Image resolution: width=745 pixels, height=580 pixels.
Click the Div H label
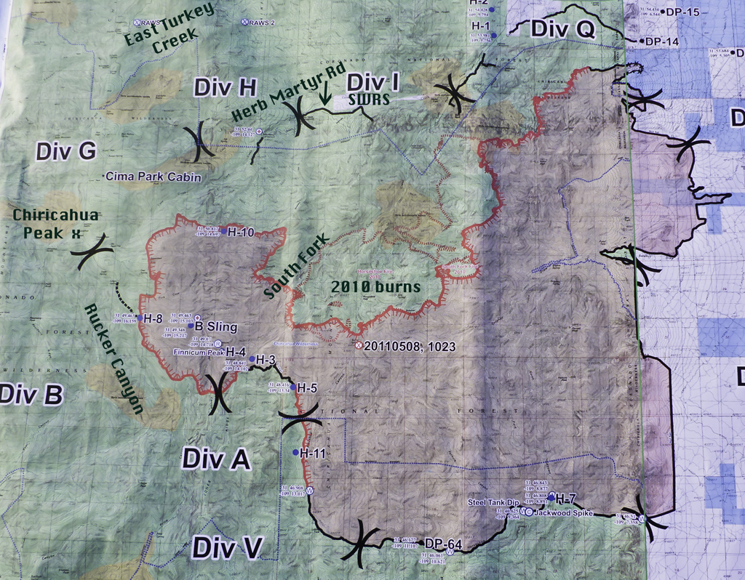pyautogui.click(x=225, y=88)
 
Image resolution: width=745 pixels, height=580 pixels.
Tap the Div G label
pyautogui.click(x=65, y=151)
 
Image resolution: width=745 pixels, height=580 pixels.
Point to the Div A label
pyautogui.click(x=216, y=459)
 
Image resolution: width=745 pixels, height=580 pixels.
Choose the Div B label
pyautogui.click(x=31, y=395)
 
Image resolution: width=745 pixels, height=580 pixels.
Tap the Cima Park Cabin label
pyautogui.click(x=154, y=177)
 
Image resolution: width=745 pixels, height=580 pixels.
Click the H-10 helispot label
pyautogui.click(x=241, y=233)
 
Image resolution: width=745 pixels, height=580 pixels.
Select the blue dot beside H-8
pyautogui.click(x=139, y=318)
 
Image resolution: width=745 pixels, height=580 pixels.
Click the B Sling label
pyautogui.click(x=217, y=327)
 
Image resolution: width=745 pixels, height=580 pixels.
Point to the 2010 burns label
pyautogui.click(x=375, y=287)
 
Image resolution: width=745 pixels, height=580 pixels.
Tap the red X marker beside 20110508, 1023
pyautogui.click(x=358, y=347)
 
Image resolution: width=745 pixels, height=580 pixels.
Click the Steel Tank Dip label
pyautogui.click(x=493, y=502)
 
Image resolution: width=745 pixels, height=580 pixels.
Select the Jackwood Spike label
pyautogui.click(x=563, y=512)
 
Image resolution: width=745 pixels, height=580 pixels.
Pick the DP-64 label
pyautogui.click(x=443, y=544)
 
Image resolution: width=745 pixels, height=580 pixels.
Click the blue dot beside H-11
pyautogui.click(x=295, y=453)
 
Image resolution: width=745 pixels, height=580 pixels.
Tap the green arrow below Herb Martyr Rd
pyautogui.click(x=324, y=94)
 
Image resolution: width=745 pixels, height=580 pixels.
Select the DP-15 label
pyautogui.click(x=682, y=12)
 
